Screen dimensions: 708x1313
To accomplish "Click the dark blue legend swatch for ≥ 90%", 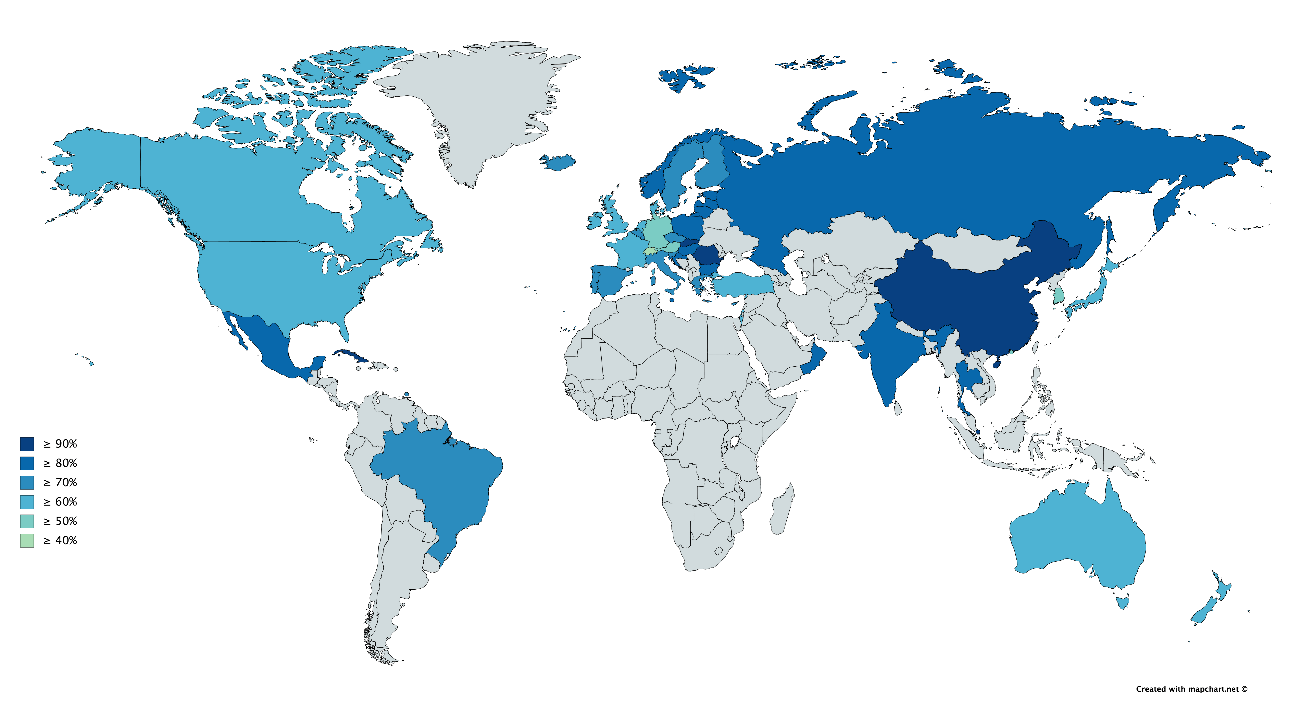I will (27, 444).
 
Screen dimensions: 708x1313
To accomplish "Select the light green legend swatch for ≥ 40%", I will (27, 541).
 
